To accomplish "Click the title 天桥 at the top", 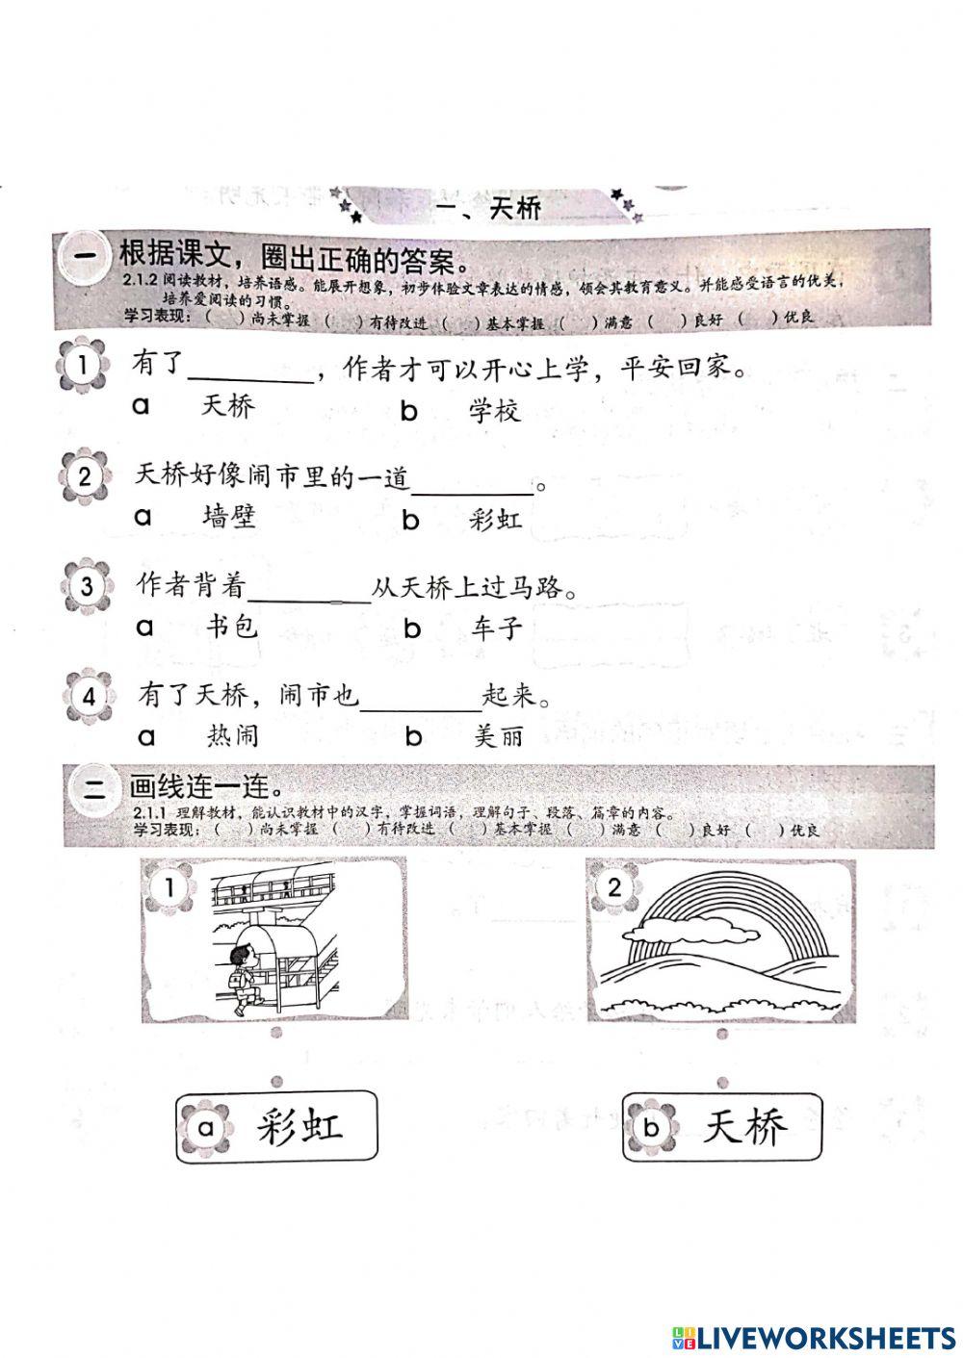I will pyautogui.click(x=515, y=207).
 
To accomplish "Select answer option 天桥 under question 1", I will pyautogui.click(x=228, y=406).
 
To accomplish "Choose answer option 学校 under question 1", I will pyautogui.click(x=495, y=412).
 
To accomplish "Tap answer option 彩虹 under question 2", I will pyautogui.click(x=496, y=521).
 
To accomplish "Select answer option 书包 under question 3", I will pyautogui.click(x=233, y=628).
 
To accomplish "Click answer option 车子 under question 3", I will pyautogui.click(x=498, y=629).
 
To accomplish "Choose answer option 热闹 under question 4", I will pyautogui.click(x=233, y=736).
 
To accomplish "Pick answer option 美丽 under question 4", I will pyautogui.click(x=499, y=737).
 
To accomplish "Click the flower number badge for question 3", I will pyautogui.click(x=87, y=585).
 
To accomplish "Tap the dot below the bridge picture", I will pyautogui.click(x=276, y=1033).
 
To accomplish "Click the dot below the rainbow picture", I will pyautogui.click(x=722, y=1035).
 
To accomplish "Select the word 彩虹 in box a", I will pyautogui.click(x=300, y=1125).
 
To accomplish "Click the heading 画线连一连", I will pyautogui.click(x=199, y=786).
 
